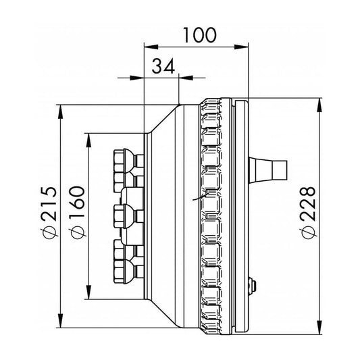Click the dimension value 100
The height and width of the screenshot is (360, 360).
(x=199, y=35)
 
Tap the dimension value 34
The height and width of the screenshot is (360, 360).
(x=163, y=66)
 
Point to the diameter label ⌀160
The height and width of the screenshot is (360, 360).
(x=78, y=213)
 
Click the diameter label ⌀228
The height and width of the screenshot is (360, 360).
(x=309, y=213)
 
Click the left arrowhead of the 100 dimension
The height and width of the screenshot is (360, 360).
(x=151, y=47)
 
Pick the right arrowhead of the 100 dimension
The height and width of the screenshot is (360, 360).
(x=241, y=47)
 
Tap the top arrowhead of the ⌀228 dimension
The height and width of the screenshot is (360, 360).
(x=319, y=105)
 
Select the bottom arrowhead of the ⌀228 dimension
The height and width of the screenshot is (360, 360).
(x=319, y=327)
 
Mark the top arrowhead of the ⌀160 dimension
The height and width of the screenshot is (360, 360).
(x=88, y=140)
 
